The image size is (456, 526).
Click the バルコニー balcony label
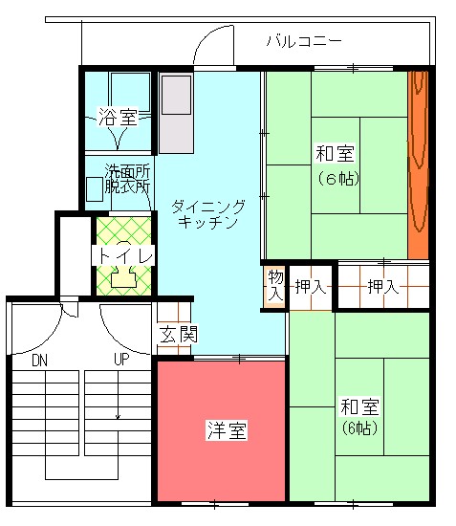pos(304,41)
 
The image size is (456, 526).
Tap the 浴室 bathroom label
pos(118,117)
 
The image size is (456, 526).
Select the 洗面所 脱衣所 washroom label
pos(127,179)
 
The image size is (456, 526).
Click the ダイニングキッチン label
pos(208,214)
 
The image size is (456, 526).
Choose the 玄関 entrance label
pos(179,334)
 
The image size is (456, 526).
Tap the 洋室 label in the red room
pos(227,430)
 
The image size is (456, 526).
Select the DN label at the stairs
pos(39,361)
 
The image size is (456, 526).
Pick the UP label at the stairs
pos(121,360)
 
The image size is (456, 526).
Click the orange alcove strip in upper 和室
pos(418,165)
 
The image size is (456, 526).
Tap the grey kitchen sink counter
pos(176,114)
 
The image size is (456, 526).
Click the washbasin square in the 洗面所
pos(95,189)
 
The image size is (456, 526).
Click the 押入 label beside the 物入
pos(311,287)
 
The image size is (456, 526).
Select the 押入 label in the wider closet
pos(383,287)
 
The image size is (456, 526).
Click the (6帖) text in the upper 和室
pos(338,179)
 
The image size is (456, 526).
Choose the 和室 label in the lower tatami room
pos(359,406)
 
